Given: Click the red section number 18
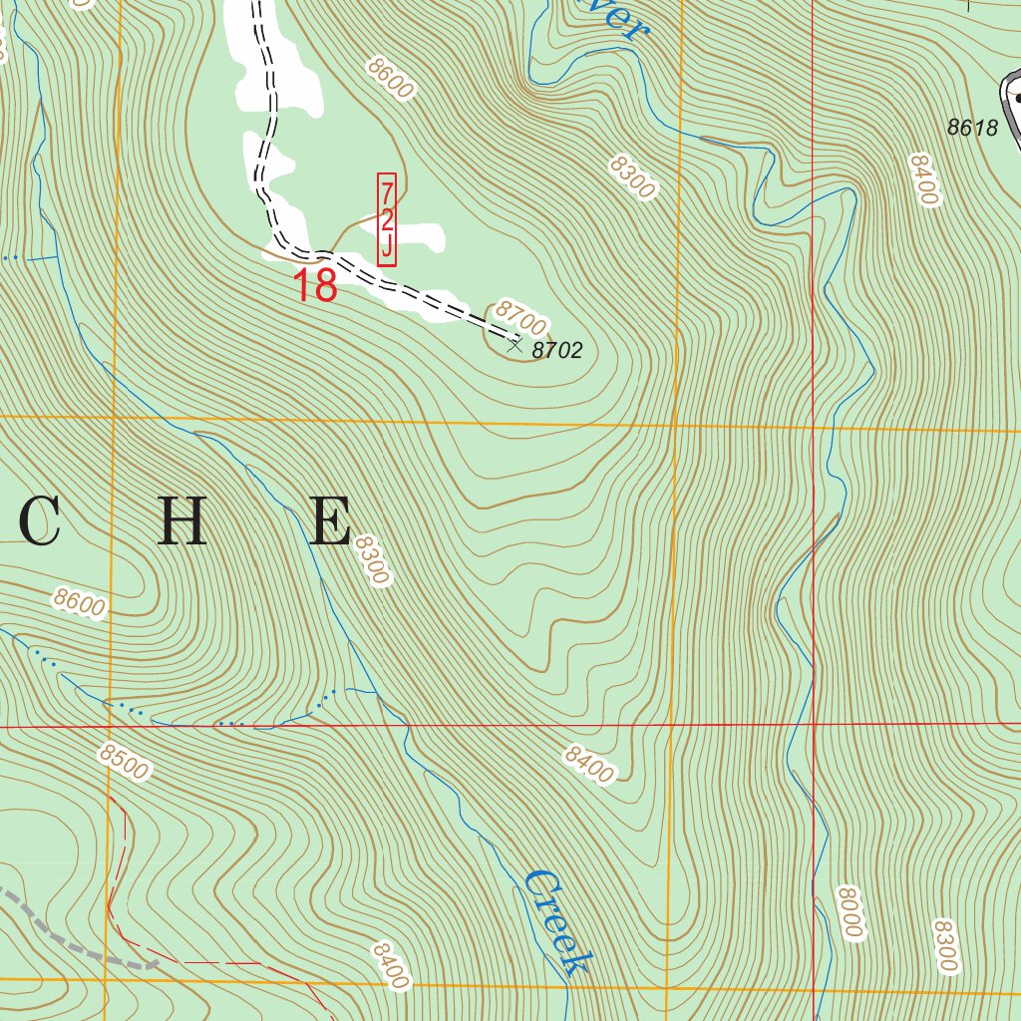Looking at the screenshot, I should (315, 286).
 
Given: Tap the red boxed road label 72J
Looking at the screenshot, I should (387, 219).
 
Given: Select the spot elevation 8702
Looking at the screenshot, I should (557, 350).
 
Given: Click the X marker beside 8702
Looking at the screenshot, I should (514, 345).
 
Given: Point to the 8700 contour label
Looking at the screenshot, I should (520, 319).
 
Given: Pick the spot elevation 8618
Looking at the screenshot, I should (972, 127).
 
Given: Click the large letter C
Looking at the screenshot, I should (41, 521).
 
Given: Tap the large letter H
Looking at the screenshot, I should (182, 521).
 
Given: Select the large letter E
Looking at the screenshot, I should (329, 521).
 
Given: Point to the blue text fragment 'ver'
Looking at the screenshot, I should (620, 18).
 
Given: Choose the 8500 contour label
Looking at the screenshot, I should (124, 763).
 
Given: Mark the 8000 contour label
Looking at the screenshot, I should (849, 911).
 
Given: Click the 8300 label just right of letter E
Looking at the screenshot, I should (370, 559).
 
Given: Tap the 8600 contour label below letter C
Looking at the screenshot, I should (80, 603).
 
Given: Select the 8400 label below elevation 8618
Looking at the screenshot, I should (924, 179).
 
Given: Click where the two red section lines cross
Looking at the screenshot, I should (814, 724).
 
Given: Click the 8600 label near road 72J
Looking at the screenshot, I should (390, 77).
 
